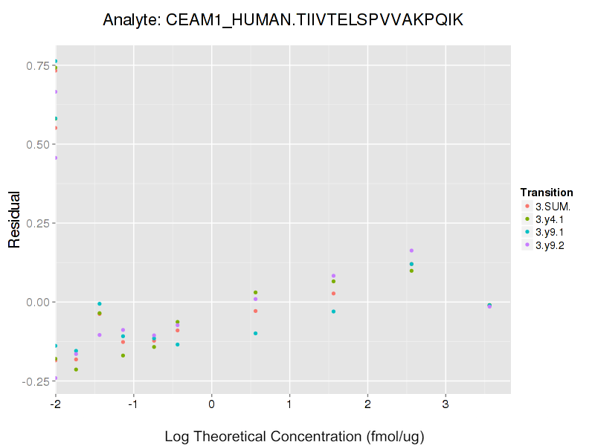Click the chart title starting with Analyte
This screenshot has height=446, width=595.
283,20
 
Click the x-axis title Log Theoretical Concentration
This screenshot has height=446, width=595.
294,436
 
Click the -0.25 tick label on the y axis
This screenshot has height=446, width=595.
32,381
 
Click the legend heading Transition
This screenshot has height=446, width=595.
547,193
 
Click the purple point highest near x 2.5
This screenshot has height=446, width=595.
411,251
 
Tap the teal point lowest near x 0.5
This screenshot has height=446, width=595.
255,333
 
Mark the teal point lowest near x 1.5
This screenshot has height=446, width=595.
333,311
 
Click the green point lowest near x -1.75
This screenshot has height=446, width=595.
76,369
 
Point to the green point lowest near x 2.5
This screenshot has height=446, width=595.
411,271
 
